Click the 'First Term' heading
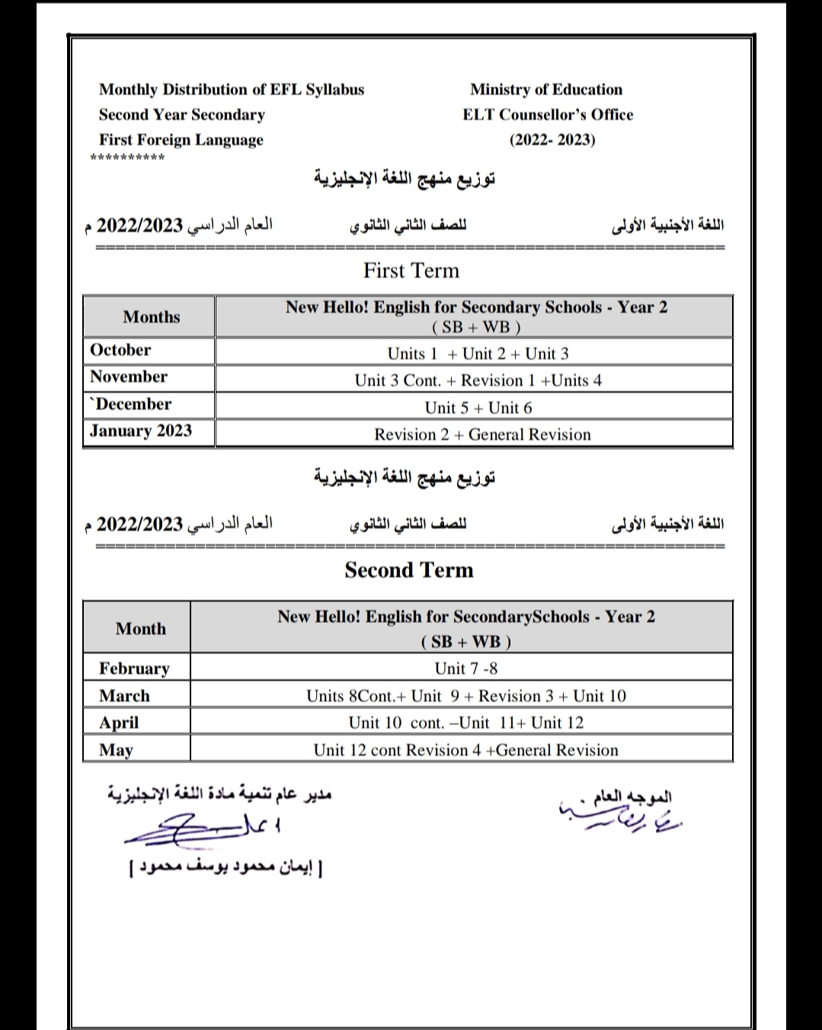pyautogui.click(x=411, y=271)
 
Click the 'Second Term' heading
pyautogui.click(x=409, y=570)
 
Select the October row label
pyautogui.click(x=120, y=350)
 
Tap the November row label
pyautogui.click(x=128, y=377)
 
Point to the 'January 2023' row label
pyautogui.click(x=141, y=431)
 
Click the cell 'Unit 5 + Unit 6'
pyautogui.click(x=478, y=407)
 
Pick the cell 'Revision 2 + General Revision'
pyautogui.click(x=482, y=435)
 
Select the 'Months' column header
pyautogui.click(x=151, y=317)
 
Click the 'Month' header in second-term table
pyautogui.click(x=141, y=629)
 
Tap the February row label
pyautogui.click(x=134, y=669)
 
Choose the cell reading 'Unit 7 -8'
pyautogui.click(x=465, y=669)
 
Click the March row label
pyautogui.click(x=124, y=696)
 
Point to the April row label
pyautogui.click(x=119, y=723)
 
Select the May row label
pyautogui.click(x=116, y=750)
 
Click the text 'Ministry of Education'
pyautogui.click(x=546, y=89)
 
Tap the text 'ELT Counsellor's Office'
pyautogui.click(x=548, y=114)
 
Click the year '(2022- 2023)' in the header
pyautogui.click(x=552, y=140)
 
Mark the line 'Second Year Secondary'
pyautogui.click(x=181, y=114)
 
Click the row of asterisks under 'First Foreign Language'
pyautogui.click(x=127, y=159)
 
